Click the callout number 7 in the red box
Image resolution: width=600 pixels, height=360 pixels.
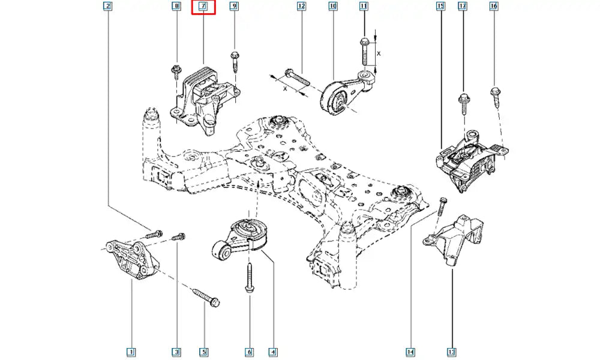203,7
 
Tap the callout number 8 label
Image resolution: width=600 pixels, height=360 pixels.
176,7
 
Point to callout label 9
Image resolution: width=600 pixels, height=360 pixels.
234,7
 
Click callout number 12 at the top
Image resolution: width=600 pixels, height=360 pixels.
301,7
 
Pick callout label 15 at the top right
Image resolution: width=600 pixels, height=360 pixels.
440,7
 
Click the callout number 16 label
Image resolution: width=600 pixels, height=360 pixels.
494,7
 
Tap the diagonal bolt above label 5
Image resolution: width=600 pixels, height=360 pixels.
205,296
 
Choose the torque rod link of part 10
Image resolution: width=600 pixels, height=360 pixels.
344,94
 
